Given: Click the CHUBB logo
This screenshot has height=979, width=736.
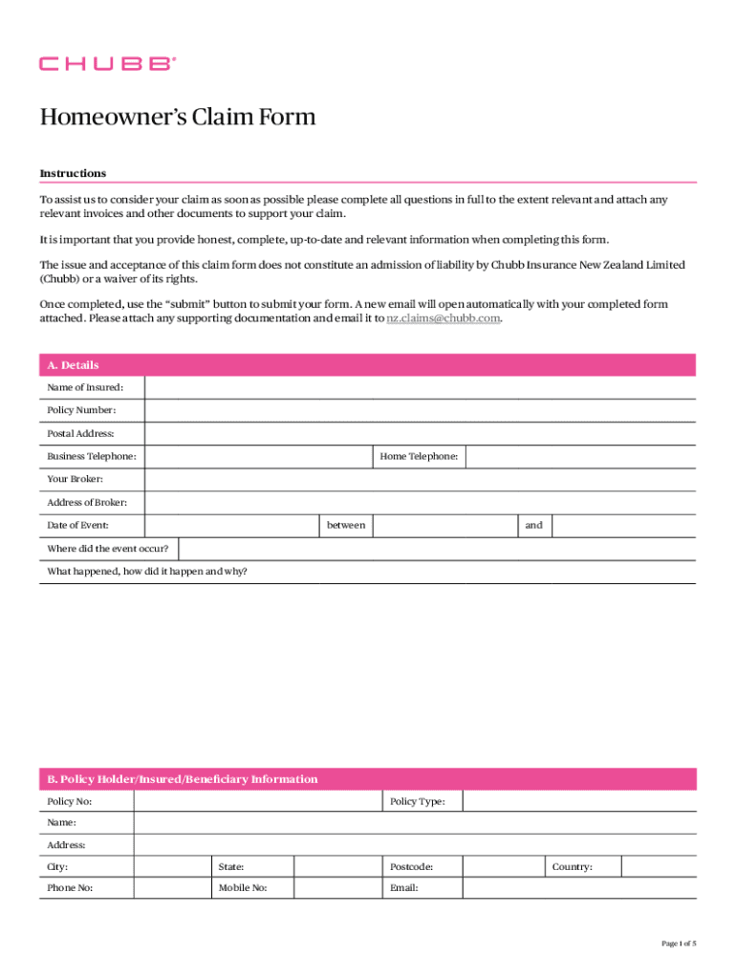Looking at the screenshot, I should pyautogui.click(x=107, y=64).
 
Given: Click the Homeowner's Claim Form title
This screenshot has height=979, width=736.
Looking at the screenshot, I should pyautogui.click(x=177, y=118).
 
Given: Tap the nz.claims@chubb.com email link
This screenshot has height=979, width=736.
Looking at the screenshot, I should pyautogui.click(x=443, y=318).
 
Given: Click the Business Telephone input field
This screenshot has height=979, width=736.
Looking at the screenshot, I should pyautogui.click(x=258, y=457).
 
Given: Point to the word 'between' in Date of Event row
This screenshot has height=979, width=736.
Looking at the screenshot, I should pyautogui.click(x=346, y=525).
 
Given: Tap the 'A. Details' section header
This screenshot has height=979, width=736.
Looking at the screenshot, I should pyautogui.click(x=73, y=365).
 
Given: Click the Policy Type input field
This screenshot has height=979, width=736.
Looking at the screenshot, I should pyautogui.click(x=579, y=801).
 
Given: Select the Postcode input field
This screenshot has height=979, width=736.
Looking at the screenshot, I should pyautogui.click(x=503, y=867).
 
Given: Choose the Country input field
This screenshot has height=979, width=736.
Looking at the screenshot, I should pyautogui.click(x=659, y=867).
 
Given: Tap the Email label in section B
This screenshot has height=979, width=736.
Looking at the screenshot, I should pyautogui.click(x=404, y=888).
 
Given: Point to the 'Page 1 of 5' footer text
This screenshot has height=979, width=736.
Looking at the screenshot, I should pyautogui.click(x=679, y=944).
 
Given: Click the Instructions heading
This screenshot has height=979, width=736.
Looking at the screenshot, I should pyautogui.click(x=73, y=173).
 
